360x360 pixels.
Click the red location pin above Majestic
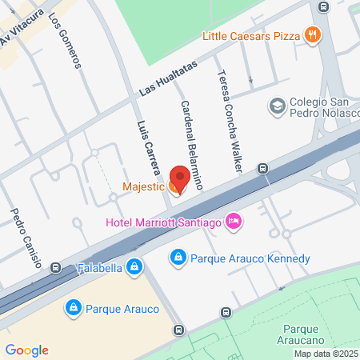point(179,177)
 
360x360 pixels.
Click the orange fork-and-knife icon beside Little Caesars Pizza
point(313,34)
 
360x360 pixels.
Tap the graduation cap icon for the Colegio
point(278,105)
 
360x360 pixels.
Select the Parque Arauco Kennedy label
point(250,258)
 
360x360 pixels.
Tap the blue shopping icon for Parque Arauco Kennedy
point(178,258)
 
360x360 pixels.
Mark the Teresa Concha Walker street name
point(227,121)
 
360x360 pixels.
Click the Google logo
point(26,350)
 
